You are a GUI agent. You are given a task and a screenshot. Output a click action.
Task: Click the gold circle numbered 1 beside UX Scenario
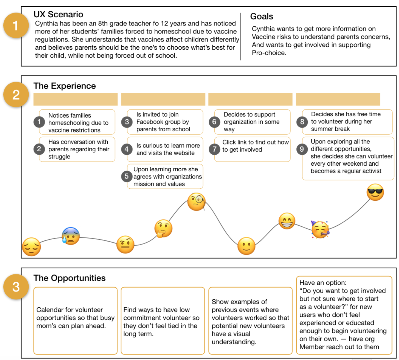point(16,25)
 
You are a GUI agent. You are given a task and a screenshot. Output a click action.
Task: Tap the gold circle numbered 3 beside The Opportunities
point(16,287)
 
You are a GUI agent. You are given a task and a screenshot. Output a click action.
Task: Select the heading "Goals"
point(262,16)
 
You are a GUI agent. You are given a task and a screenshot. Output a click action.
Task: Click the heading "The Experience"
point(65,86)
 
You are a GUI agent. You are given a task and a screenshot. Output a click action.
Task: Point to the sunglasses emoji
point(375,192)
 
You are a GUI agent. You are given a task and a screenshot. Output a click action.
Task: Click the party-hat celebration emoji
point(320,230)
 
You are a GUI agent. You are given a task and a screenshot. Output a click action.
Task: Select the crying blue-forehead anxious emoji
point(71,236)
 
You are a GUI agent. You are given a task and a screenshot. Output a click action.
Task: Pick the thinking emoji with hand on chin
point(163,229)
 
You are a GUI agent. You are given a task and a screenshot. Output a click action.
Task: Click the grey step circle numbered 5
point(127,176)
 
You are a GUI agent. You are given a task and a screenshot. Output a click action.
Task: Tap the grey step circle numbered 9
point(302,149)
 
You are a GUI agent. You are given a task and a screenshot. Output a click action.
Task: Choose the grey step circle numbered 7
point(214,149)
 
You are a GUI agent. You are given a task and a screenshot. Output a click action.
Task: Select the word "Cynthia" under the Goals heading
point(264,29)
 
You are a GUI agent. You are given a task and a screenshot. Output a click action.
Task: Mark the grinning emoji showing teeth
point(287,221)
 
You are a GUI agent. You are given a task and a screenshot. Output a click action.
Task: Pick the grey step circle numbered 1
point(39,122)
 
